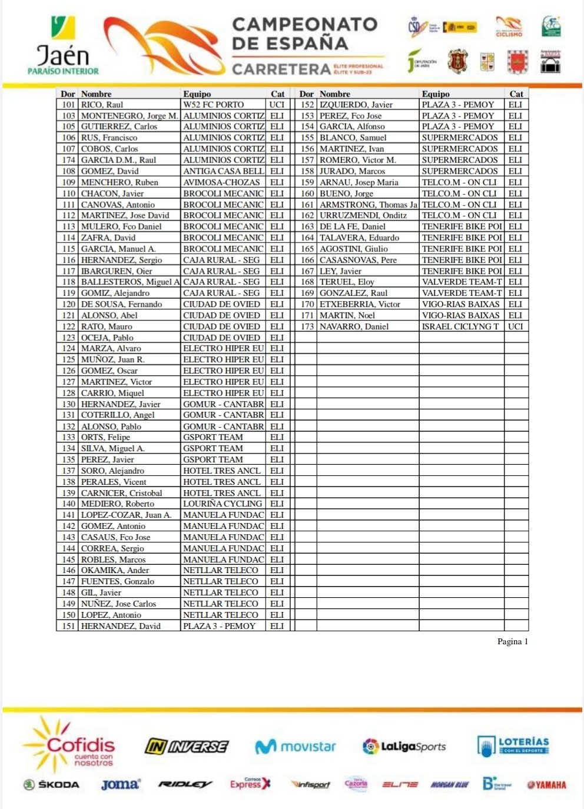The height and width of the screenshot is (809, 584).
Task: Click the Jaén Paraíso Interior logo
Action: coord(63,47)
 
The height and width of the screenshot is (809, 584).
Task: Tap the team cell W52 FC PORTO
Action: coord(213,105)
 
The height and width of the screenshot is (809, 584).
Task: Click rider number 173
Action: coord(307,327)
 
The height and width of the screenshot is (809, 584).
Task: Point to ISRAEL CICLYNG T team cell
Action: coord(460,327)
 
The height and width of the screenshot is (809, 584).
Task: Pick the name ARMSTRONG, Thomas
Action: coord(368,205)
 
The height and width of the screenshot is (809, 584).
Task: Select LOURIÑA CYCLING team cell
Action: coord(222,504)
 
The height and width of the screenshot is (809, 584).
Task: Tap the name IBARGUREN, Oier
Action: coord(117,271)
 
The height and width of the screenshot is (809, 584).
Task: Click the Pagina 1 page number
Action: coord(512,641)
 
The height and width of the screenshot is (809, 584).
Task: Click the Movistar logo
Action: coord(295,747)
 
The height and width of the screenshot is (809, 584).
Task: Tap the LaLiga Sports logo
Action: coord(404,747)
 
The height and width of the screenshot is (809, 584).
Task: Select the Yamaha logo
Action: coord(546,784)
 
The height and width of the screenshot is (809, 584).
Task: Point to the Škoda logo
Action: coord(51,784)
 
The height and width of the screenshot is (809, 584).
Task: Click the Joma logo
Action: coord(120,784)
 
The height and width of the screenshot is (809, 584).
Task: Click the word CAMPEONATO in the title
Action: coord(304,25)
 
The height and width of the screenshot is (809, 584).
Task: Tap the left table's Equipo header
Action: coord(197,94)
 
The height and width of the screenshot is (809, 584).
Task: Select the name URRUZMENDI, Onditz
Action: coord(363,215)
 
